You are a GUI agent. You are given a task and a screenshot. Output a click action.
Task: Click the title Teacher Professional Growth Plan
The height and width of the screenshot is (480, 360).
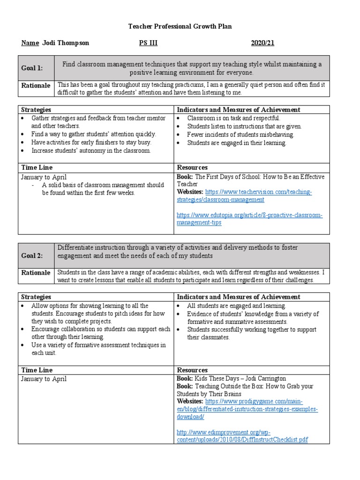coord(180,27)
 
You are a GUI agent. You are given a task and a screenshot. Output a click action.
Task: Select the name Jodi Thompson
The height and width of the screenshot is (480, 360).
coord(65,43)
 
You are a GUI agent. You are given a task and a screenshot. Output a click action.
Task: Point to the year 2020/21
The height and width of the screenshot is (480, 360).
coord(262,43)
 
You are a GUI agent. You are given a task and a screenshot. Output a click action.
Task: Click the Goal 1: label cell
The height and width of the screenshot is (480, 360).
coord(32,68)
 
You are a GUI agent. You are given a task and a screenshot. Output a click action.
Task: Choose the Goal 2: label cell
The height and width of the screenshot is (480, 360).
coord(32,255)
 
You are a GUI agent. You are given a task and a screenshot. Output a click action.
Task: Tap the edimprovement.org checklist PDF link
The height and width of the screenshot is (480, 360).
coord(242,436)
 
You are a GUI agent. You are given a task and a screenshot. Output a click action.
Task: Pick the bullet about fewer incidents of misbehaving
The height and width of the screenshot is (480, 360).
coord(240,135)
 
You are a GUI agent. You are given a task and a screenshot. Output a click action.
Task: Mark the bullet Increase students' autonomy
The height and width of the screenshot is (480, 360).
coord(91,150)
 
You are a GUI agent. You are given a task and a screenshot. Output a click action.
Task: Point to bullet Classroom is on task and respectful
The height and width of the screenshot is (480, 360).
coord(233,118)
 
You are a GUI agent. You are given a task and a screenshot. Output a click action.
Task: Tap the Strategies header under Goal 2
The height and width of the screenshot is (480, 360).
coord(36,297)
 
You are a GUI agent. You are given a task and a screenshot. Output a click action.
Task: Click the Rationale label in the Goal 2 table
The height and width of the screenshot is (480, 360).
coord(36,273)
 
